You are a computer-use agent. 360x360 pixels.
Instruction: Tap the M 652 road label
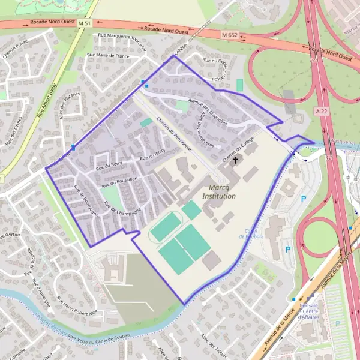229,35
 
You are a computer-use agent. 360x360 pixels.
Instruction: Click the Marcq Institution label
218,192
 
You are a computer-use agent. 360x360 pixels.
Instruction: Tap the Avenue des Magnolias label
207,112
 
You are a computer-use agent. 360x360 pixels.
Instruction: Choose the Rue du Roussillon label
119,179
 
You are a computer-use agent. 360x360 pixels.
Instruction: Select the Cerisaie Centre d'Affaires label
310,311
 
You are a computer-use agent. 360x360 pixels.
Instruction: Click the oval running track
166,227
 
